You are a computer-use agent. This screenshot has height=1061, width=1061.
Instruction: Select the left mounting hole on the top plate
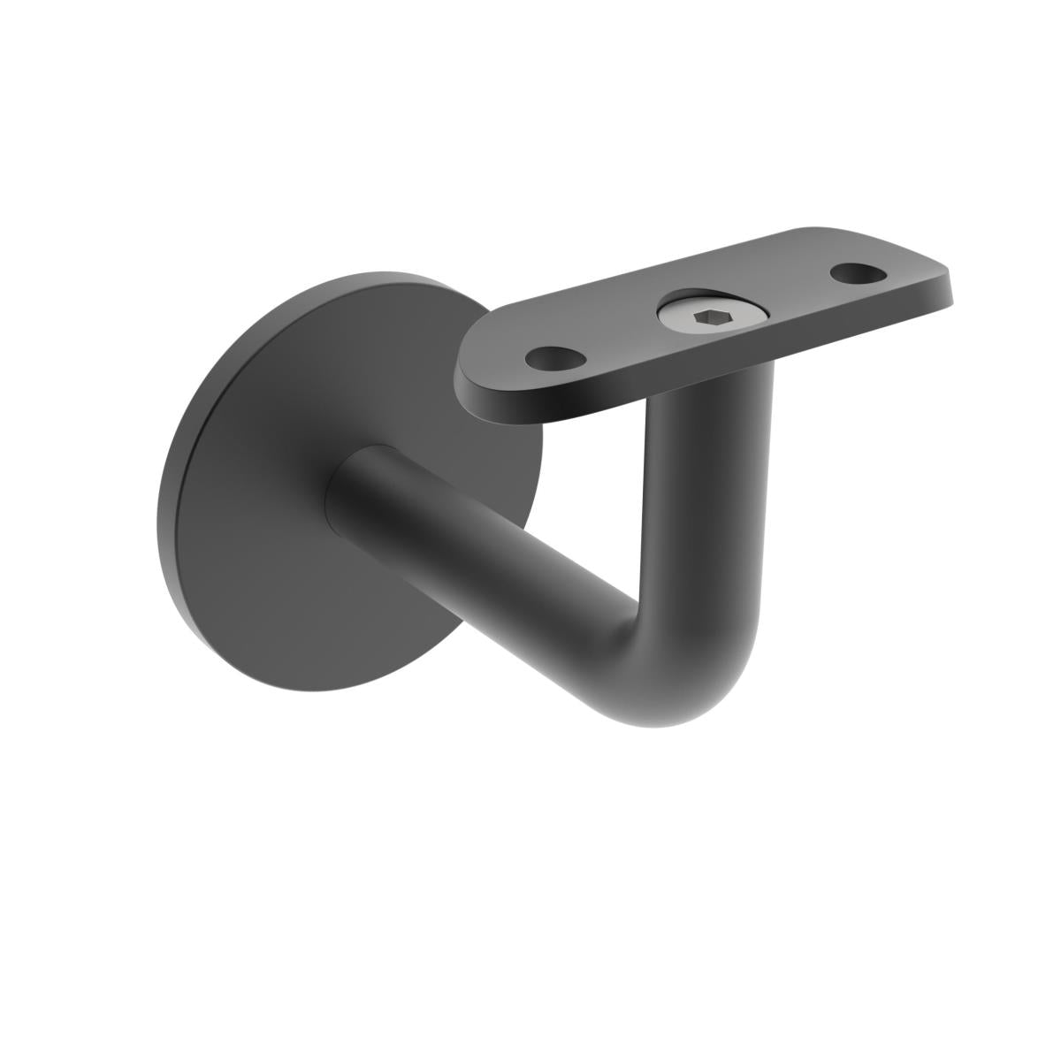click(x=556, y=358)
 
